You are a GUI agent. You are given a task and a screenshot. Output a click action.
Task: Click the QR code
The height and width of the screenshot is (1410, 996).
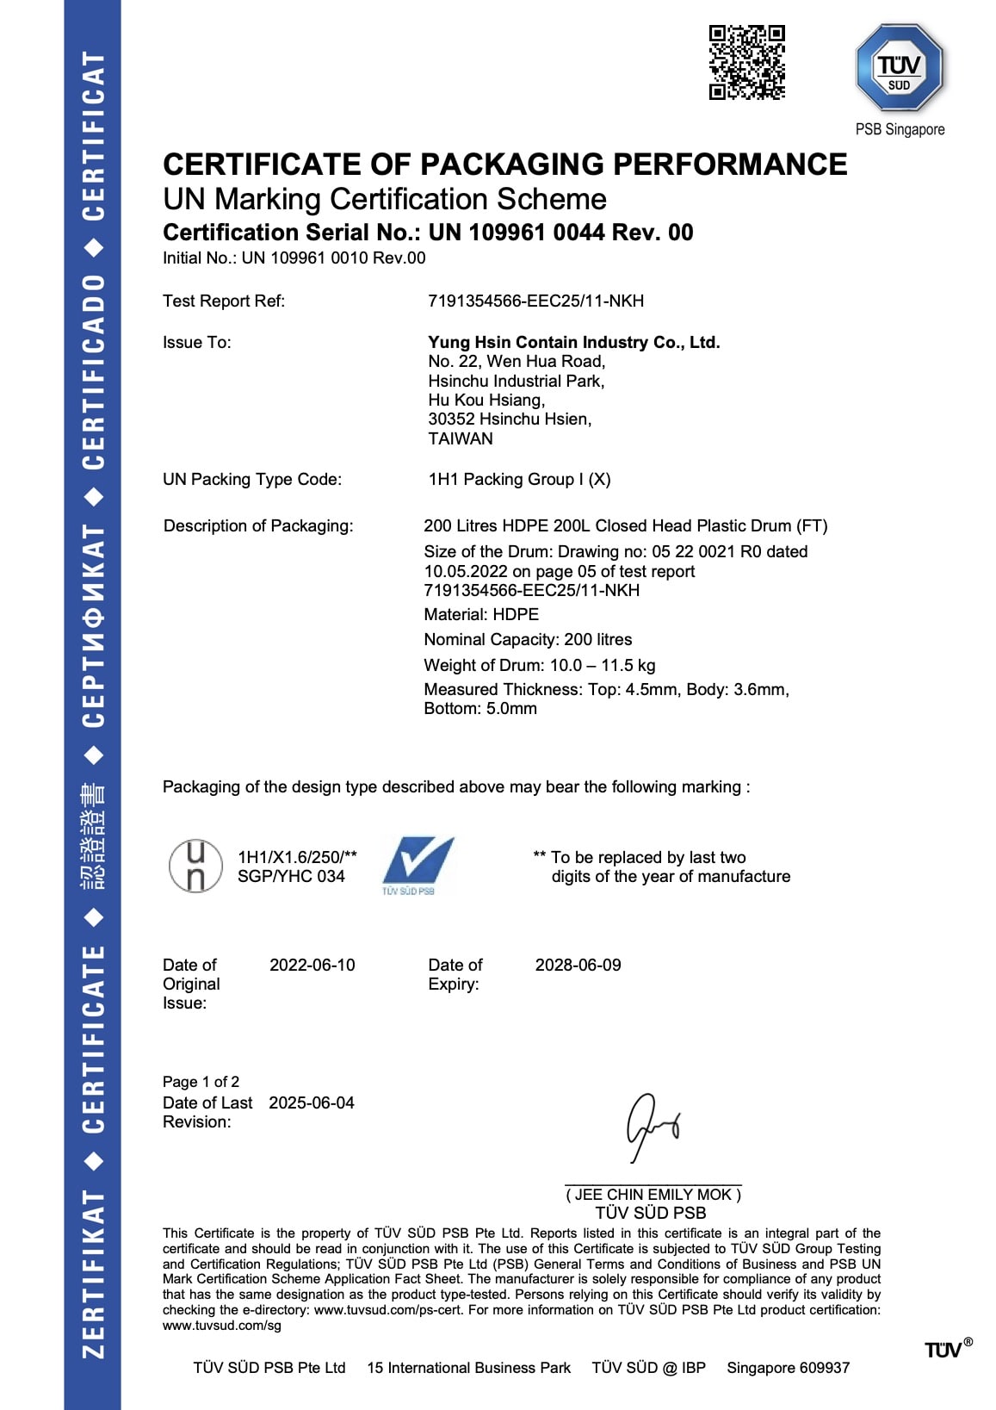(746, 62)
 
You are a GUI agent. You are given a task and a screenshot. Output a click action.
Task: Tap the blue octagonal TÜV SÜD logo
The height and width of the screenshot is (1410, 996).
(900, 68)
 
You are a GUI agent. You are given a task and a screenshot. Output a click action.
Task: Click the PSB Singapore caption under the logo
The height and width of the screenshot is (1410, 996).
(900, 129)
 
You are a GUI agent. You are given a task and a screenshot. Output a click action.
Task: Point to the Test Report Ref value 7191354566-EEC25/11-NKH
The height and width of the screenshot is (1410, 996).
(535, 301)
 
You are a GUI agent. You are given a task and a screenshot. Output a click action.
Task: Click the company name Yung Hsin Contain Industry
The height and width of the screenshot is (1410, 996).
(573, 342)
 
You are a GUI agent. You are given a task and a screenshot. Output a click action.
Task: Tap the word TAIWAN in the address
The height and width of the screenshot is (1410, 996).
(461, 438)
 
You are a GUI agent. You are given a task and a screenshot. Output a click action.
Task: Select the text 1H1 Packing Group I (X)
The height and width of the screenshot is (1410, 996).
(519, 479)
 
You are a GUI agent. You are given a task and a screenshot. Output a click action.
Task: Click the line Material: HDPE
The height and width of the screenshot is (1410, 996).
(481, 614)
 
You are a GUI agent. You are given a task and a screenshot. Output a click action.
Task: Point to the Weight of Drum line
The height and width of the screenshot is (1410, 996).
(539, 665)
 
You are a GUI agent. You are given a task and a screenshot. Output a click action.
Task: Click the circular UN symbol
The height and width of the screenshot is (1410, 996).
(195, 866)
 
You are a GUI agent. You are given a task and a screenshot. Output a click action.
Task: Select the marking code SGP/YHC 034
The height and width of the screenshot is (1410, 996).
(291, 876)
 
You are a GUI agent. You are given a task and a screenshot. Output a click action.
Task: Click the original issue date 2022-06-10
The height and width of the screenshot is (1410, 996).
(312, 965)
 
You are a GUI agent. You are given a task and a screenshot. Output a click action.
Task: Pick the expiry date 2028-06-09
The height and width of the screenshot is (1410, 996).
(578, 965)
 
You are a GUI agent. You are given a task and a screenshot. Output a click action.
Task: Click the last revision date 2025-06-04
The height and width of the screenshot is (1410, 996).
(311, 1103)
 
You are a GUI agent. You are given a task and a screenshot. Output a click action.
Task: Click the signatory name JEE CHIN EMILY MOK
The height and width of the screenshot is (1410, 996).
(653, 1195)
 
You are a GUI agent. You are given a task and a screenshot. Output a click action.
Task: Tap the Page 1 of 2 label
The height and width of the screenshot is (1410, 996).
(201, 1082)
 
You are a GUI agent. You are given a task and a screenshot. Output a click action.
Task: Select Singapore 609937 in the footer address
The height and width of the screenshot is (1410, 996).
(788, 1368)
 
